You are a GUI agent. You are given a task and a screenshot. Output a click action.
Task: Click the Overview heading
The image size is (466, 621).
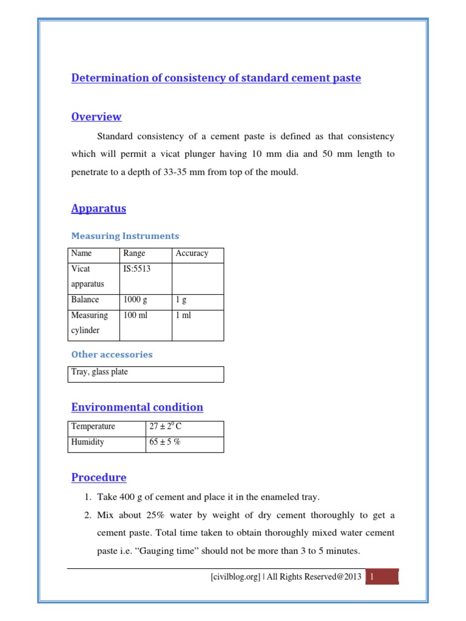click(x=96, y=116)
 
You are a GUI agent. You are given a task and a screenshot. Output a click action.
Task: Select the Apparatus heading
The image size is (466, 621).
click(x=99, y=208)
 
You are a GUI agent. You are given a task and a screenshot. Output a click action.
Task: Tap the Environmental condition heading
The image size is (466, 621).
click(x=137, y=407)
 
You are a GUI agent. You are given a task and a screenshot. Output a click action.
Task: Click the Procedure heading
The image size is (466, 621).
click(x=99, y=477)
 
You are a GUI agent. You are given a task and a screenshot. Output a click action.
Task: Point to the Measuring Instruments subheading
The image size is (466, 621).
click(x=125, y=236)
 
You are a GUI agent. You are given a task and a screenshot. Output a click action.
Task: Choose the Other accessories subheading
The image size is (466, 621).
click(x=112, y=354)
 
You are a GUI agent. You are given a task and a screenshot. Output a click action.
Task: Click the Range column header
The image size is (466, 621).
click(x=134, y=253)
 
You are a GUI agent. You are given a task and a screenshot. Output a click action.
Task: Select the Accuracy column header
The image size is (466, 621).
click(x=192, y=253)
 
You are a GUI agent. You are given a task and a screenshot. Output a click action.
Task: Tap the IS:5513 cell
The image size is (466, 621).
click(x=137, y=269)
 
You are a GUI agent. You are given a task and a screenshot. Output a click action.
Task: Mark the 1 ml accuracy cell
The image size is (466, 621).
click(x=183, y=315)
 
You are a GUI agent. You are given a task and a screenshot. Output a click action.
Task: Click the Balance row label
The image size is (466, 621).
click(x=85, y=300)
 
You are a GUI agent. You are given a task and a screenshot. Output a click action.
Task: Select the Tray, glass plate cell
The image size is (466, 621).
click(x=100, y=372)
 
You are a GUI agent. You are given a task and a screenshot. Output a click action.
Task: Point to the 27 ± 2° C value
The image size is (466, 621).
click(x=166, y=426)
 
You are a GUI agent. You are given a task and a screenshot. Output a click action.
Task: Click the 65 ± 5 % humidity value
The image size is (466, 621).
click(x=165, y=442)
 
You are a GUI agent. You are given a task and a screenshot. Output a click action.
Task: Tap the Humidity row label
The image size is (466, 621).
click(x=87, y=442)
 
